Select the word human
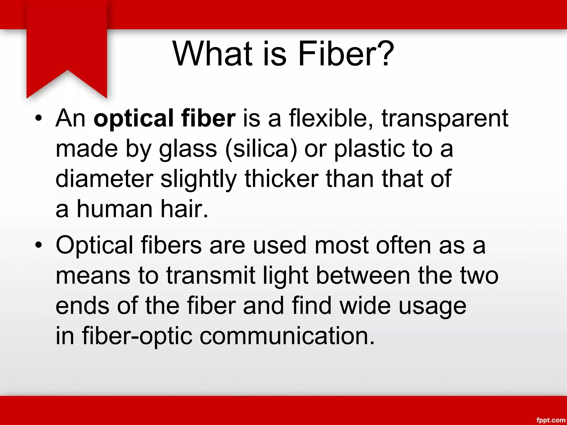115,209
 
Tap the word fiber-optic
137,336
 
